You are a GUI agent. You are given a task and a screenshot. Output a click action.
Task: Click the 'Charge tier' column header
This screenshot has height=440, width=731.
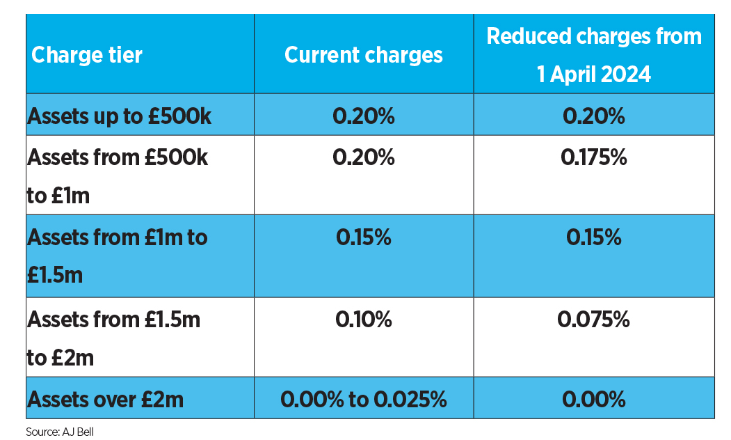(87, 55)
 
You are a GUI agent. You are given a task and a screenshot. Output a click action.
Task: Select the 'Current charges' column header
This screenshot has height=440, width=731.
(364, 56)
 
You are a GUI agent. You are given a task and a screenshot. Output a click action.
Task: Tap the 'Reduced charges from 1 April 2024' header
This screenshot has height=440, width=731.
(594, 55)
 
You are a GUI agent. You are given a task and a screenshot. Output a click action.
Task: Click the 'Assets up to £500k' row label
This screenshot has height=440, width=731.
(120, 116)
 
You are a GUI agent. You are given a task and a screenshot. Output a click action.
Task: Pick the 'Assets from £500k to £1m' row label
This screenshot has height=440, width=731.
(118, 176)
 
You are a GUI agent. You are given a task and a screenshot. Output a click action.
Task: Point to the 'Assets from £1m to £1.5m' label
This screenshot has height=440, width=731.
(117, 256)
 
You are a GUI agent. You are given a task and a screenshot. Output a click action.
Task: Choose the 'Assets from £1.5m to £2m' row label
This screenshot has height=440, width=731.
(114, 338)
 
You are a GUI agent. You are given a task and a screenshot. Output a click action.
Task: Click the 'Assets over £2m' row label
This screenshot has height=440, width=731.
(105, 400)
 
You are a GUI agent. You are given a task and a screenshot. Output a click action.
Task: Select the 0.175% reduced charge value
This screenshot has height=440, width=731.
(594, 157)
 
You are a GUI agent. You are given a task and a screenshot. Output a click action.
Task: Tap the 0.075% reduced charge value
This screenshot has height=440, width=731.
(593, 320)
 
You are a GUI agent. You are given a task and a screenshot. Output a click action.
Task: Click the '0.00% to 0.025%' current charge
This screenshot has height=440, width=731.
(364, 400)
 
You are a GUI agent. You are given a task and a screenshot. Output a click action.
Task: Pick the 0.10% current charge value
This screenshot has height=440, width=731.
(364, 320)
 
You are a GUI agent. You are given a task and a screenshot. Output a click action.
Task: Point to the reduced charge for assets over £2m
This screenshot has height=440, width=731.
(594, 400)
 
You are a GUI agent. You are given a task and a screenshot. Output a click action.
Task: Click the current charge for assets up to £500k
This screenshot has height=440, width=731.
(364, 116)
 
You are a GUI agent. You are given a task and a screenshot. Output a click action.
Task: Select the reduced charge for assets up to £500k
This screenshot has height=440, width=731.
(594, 116)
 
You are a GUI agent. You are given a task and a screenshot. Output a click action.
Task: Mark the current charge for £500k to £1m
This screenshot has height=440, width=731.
(364, 157)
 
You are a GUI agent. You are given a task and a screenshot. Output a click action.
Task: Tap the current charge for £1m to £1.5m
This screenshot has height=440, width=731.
(364, 237)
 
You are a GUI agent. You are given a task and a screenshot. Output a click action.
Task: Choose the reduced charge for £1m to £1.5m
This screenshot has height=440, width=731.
(594, 237)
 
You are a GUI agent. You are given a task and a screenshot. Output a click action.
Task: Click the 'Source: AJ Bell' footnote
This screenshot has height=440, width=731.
(60, 432)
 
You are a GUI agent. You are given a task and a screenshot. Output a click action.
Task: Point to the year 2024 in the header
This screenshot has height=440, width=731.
(626, 74)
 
